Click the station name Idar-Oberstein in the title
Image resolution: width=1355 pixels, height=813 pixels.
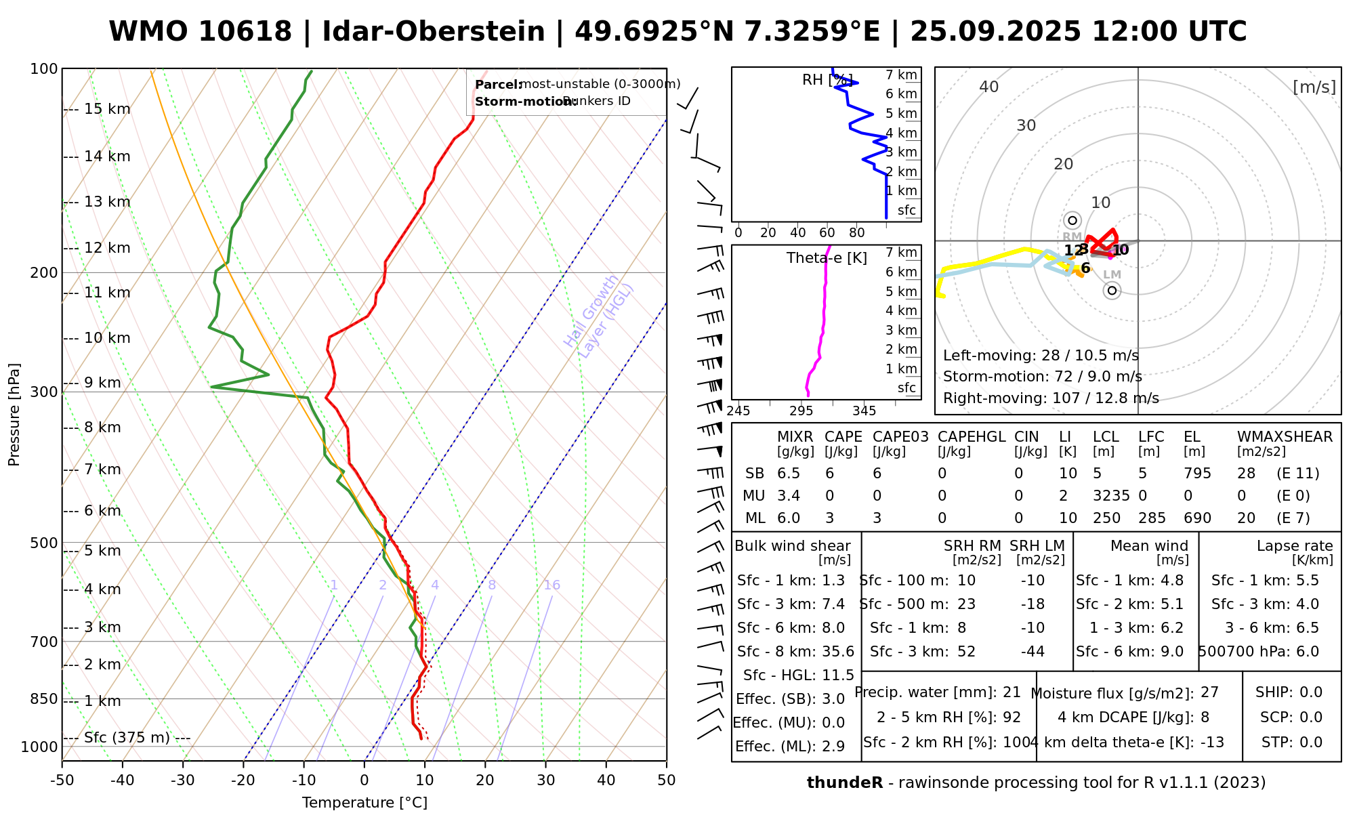tap(434, 32)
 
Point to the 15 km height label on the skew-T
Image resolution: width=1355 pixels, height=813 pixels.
tap(107, 109)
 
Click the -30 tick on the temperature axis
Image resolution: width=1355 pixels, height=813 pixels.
tap(183, 780)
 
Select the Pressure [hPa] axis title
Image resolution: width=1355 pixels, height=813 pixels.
tap(14, 415)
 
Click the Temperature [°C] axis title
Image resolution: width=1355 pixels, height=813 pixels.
tap(364, 803)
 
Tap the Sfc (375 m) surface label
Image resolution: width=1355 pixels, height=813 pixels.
tap(127, 738)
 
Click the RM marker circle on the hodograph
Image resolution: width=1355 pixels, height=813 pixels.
tap(1072, 220)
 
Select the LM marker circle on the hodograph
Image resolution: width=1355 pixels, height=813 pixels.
tap(1112, 291)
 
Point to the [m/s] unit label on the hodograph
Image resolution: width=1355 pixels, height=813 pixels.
tap(1314, 87)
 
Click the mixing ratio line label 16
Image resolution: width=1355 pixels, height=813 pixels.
tap(551, 585)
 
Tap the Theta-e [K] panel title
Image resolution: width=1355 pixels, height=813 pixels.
tap(827, 258)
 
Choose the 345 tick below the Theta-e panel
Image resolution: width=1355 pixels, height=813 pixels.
tap(864, 411)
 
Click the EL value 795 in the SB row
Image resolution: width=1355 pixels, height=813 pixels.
tap(1197, 474)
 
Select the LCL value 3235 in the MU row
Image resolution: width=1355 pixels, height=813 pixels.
tap(1111, 496)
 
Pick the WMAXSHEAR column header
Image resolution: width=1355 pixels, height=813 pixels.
tap(1285, 437)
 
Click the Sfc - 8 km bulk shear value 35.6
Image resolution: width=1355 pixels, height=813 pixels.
tap(837, 652)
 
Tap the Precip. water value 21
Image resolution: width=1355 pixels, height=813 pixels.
tap(1012, 692)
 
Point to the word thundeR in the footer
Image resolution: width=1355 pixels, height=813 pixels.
tap(844, 783)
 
